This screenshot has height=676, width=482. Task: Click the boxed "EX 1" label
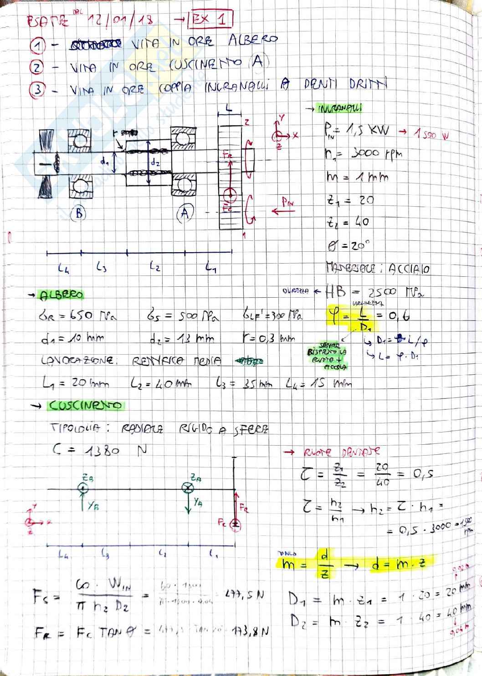[211, 20]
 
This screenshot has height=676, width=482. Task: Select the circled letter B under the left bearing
[78, 213]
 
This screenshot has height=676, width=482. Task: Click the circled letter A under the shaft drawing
[185, 212]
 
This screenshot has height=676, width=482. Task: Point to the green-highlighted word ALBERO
[62, 295]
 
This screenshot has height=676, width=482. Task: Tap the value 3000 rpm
[376, 153]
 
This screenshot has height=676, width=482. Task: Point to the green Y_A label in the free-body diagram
[197, 502]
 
